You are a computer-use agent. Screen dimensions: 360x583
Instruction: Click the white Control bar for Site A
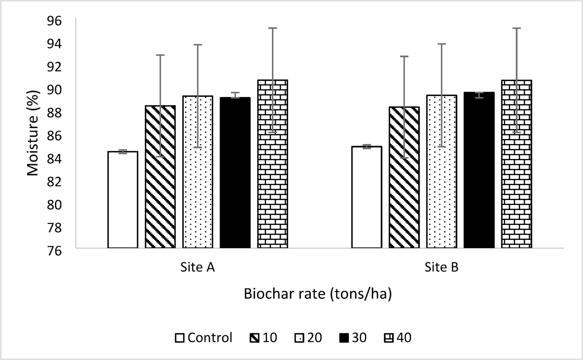[123, 200]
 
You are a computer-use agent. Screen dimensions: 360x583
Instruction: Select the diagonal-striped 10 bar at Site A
[160, 177]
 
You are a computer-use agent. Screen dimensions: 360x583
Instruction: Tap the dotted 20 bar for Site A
[198, 172]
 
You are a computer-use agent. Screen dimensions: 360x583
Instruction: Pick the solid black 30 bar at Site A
[235, 172]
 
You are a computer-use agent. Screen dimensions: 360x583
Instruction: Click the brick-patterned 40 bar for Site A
[273, 164]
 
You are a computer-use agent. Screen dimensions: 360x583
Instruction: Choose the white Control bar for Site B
[367, 197]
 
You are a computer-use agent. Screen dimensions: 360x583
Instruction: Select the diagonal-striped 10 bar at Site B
[404, 177]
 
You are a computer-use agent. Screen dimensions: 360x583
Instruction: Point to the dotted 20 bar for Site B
[442, 171]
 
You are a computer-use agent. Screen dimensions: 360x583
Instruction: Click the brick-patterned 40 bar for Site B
[516, 164]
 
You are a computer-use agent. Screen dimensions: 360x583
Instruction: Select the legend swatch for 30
[344, 338]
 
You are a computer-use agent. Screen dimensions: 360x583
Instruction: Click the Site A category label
[197, 267]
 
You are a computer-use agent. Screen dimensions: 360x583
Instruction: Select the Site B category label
[441, 267]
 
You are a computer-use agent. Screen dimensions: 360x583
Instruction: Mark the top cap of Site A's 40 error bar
[273, 28]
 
